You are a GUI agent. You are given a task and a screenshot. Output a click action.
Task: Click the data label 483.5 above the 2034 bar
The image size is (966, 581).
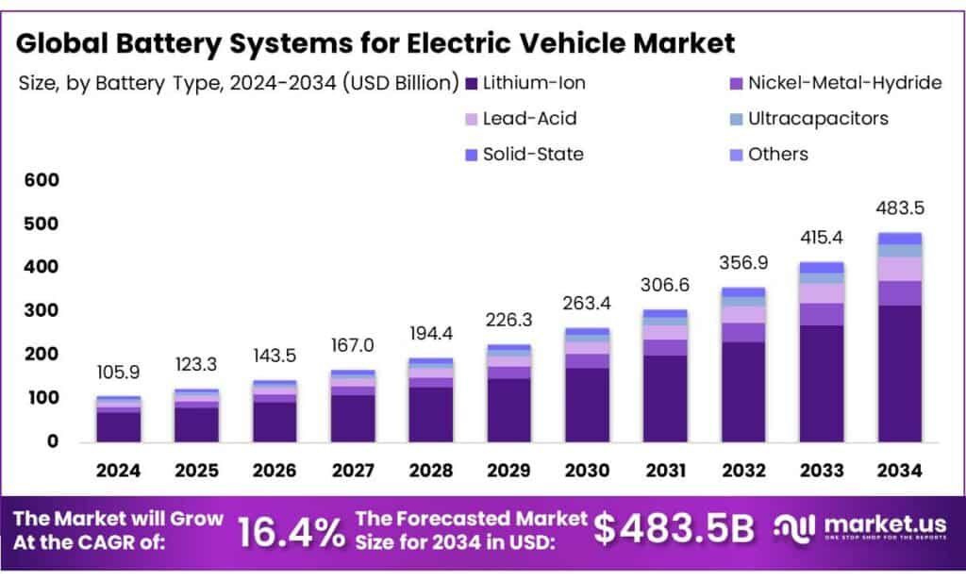pyautogui.click(x=899, y=207)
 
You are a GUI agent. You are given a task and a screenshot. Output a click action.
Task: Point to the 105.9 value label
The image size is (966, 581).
pyautogui.click(x=118, y=373)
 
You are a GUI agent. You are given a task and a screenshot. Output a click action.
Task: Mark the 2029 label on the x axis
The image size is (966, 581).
pyautogui.click(x=508, y=469)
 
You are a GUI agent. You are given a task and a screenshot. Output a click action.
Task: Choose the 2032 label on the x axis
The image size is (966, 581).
pyautogui.click(x=742, y=469)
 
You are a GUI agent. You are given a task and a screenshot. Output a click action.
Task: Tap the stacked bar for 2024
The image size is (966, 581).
pyautogui.click(x=118, y=419)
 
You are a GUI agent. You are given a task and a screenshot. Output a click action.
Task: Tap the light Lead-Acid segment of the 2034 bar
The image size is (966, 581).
pyautogui.click(x=899, y=269)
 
